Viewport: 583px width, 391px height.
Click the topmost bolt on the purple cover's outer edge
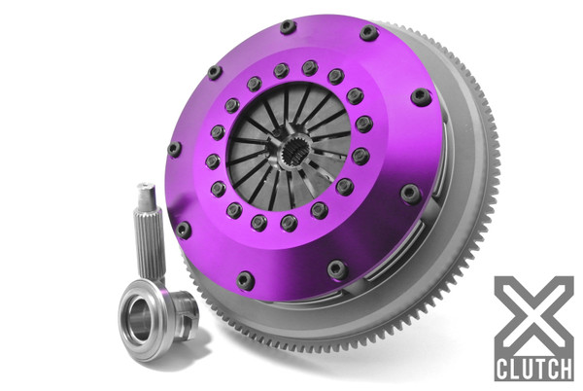point(288,27)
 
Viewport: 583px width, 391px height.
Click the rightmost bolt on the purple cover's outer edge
point(421,97)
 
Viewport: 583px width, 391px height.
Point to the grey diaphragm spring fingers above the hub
point(291,112)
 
